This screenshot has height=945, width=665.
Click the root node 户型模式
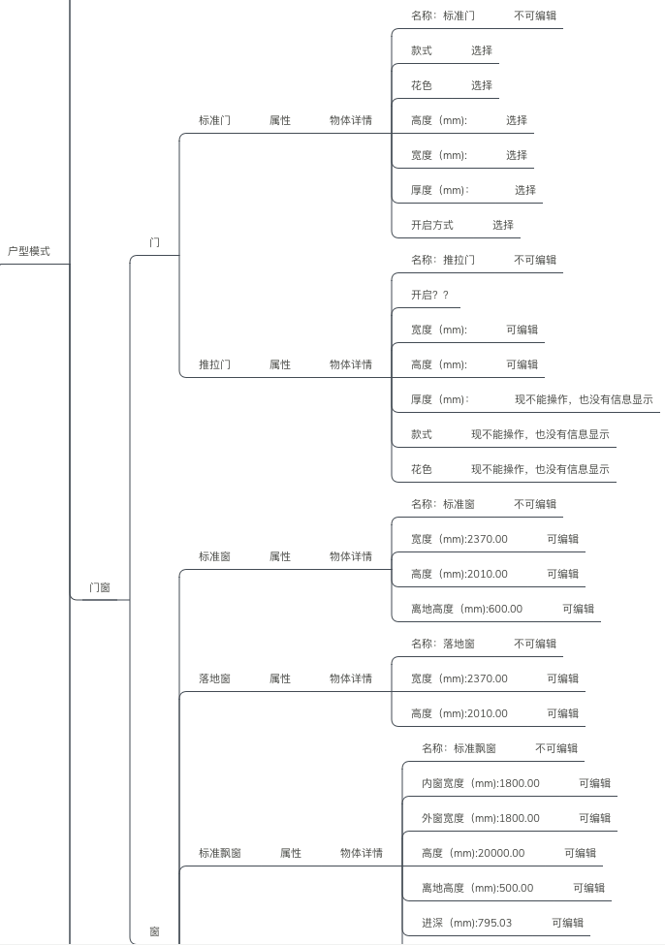click(x=28, y=251)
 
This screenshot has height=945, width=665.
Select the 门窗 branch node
click(x=99, y=587)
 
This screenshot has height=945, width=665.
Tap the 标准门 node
click(x=214, y=120)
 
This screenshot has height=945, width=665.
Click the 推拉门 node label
click(x=214, y=364)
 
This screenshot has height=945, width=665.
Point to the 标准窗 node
click(x=214, y=556)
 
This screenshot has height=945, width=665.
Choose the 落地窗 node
click(x=214, y=678)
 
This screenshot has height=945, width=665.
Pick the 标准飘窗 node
click(x=220, y=853)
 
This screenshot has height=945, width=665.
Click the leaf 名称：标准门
click(x=443, y=16)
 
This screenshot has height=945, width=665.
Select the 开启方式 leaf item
click(x=431, y=225)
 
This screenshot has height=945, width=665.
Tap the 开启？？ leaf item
click(x=429, y=295)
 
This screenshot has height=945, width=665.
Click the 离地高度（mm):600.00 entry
click(x=466, y=609)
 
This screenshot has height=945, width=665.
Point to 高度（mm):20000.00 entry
click(x=473, y=853)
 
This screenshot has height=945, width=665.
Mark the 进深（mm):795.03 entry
click(x=466, y=923)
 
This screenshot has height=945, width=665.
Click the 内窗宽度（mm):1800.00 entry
click(x=481, y=783)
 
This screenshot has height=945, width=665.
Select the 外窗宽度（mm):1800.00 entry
click(x=481, y=818)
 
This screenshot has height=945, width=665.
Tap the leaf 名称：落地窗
click(x=443, y=644)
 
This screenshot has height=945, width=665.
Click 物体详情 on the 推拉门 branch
click(x=351, y=364)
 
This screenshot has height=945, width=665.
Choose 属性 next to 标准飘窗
click(x=291, y=853)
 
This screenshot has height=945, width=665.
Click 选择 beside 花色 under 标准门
click(x=482, y=85)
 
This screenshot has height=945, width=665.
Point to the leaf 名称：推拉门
click(x=443, y=260)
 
